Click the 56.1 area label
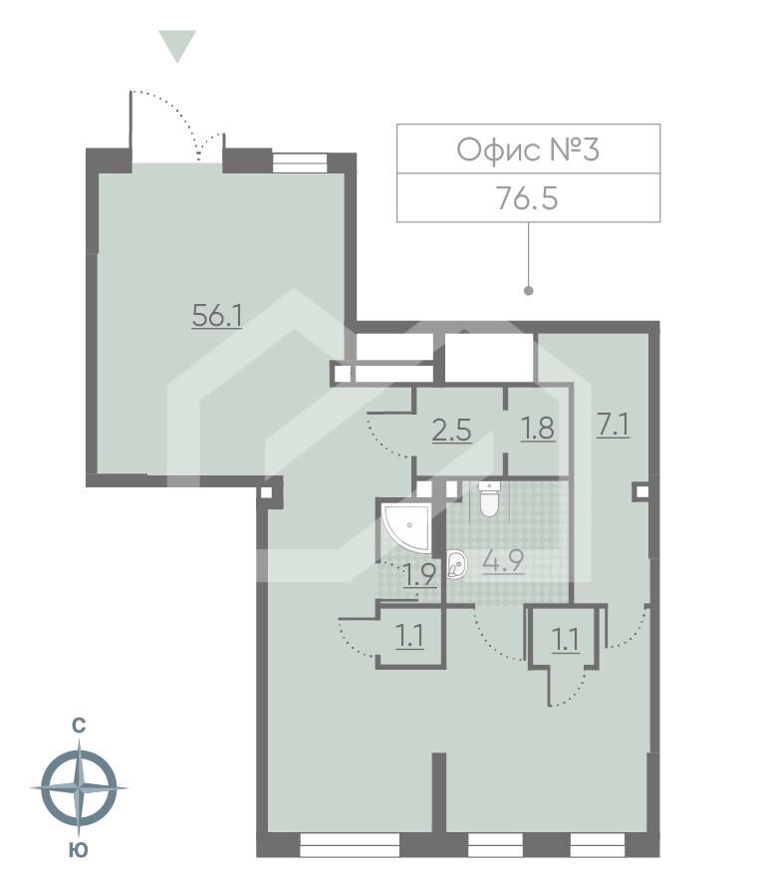click(218, 317)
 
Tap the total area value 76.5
click(527, 197)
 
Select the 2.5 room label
click(450, 431)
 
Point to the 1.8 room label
click(537, 431)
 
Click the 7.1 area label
click(613, 425)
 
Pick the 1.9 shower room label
click(418, 576)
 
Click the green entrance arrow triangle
click(177, 46)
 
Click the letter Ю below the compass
click(78, 849)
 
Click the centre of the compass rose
click(78, 787)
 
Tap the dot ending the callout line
click(528, 291)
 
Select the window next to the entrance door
click(300, 161)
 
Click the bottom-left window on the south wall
click(349, 848)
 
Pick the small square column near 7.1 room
click(641, 490)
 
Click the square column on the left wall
click(265, 490)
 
